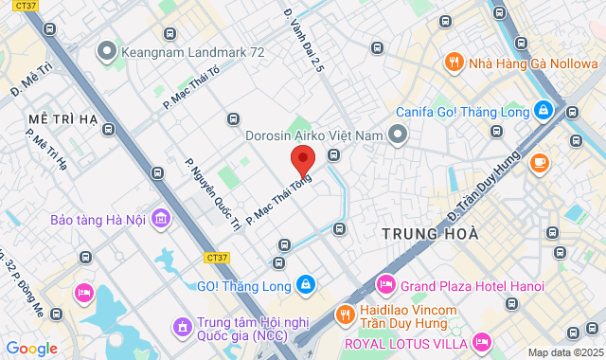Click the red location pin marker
coord(302,159)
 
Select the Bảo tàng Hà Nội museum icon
coord(161,220)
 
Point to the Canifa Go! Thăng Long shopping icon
coord(544,110)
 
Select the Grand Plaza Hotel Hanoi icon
coord(385,284)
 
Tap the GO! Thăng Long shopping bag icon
coord(305,284)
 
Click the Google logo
coord(31,349)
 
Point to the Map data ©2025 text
coord(564,352)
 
